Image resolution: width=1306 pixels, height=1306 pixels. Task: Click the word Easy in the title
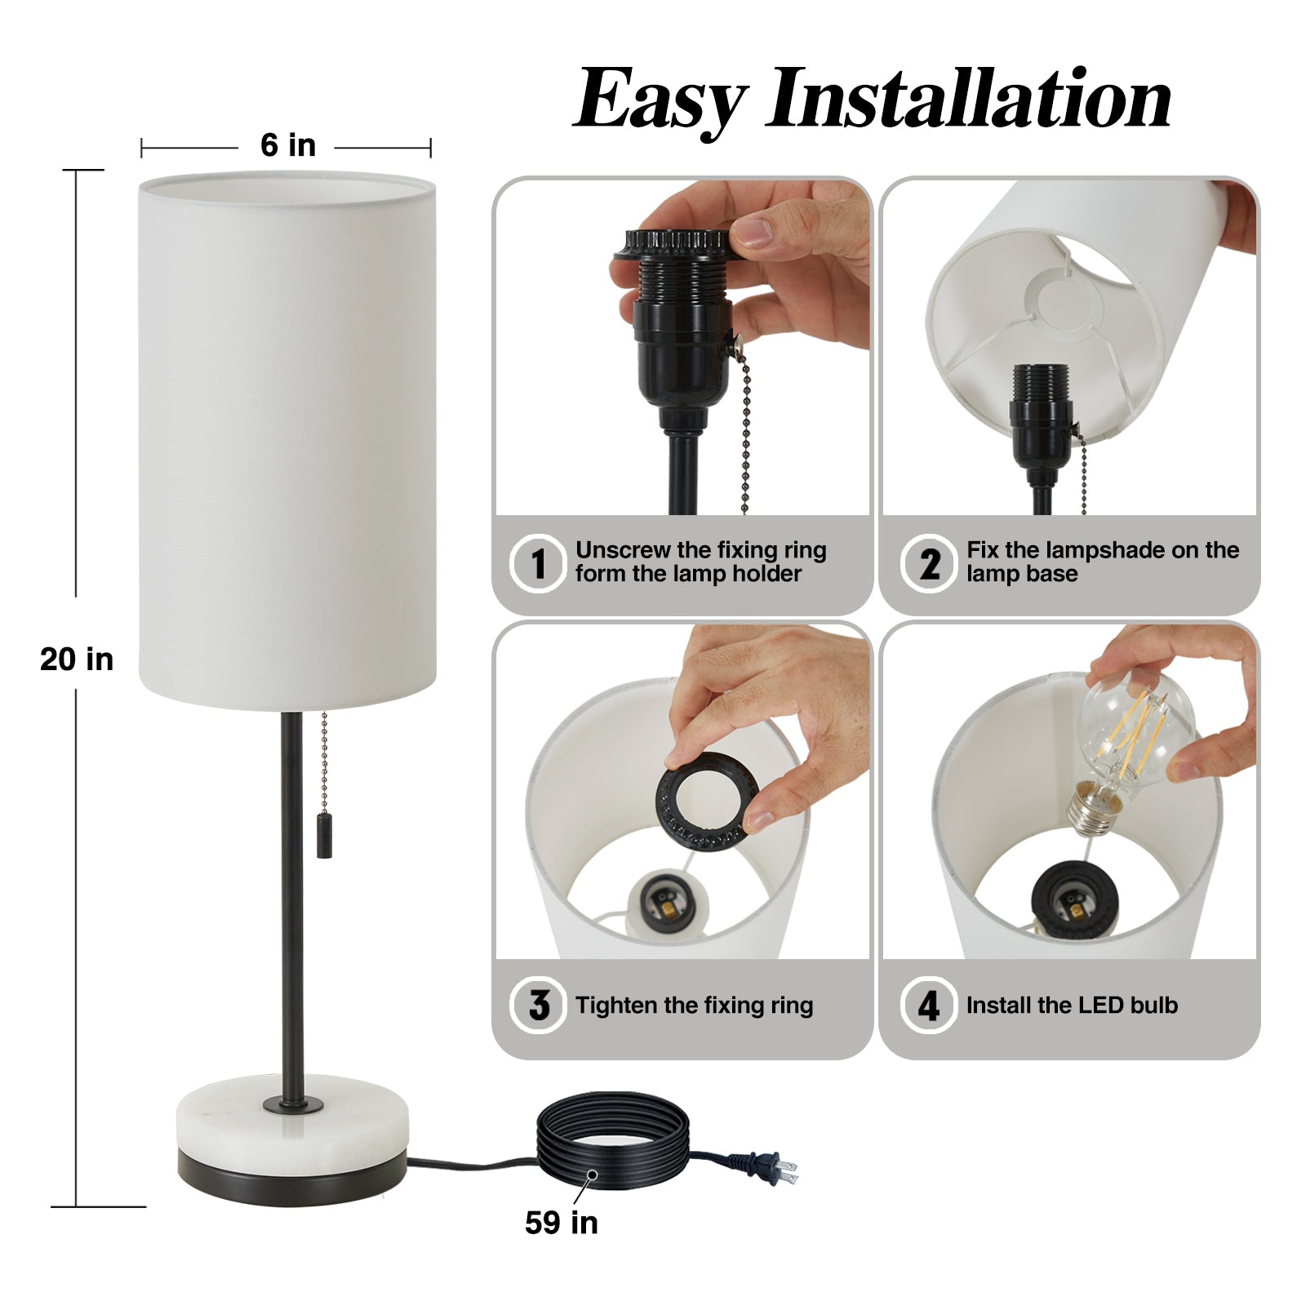click(660, 100)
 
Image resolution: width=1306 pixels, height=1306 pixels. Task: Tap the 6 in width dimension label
click(287, 145)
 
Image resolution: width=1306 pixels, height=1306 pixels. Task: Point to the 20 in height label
click(77, 659)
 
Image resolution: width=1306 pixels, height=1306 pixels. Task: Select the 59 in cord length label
click(562, 1222)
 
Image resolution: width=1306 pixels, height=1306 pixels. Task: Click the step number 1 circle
click(538, 562)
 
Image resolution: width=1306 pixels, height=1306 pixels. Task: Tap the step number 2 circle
click(929, 562)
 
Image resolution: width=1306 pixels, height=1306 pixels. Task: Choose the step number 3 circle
click(538, 1005)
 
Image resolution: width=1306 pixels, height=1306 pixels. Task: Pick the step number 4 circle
click(929, 1005)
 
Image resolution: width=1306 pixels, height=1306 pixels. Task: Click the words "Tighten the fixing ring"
click(694, 1005)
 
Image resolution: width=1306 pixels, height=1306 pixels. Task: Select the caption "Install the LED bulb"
click(1072, 1005)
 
